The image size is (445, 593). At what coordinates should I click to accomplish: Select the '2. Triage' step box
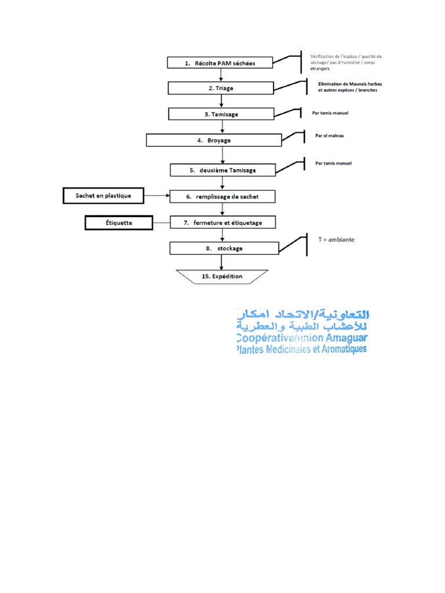[220, 88]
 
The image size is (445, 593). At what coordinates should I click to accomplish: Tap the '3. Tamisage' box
[221, 114]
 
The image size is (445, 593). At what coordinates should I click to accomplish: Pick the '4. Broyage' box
[213, 140]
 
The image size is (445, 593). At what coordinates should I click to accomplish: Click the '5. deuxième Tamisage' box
[222, 170]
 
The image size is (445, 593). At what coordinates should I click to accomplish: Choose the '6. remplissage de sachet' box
[222, 196]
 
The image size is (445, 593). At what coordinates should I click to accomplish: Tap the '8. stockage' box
[222, 248]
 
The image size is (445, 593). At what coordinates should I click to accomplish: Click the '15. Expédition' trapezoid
[222, 276]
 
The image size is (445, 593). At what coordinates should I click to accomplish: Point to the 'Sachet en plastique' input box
[103, 196]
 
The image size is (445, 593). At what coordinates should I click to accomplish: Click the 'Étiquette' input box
[119, 222]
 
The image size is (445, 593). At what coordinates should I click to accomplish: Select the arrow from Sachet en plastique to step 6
[156, 196]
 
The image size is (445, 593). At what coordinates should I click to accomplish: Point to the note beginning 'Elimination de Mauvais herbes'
[349, 87]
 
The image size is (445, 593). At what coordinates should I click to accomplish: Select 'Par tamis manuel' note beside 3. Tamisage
[330, 112]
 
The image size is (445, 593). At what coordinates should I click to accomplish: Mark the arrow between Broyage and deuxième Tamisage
[222, 155]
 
